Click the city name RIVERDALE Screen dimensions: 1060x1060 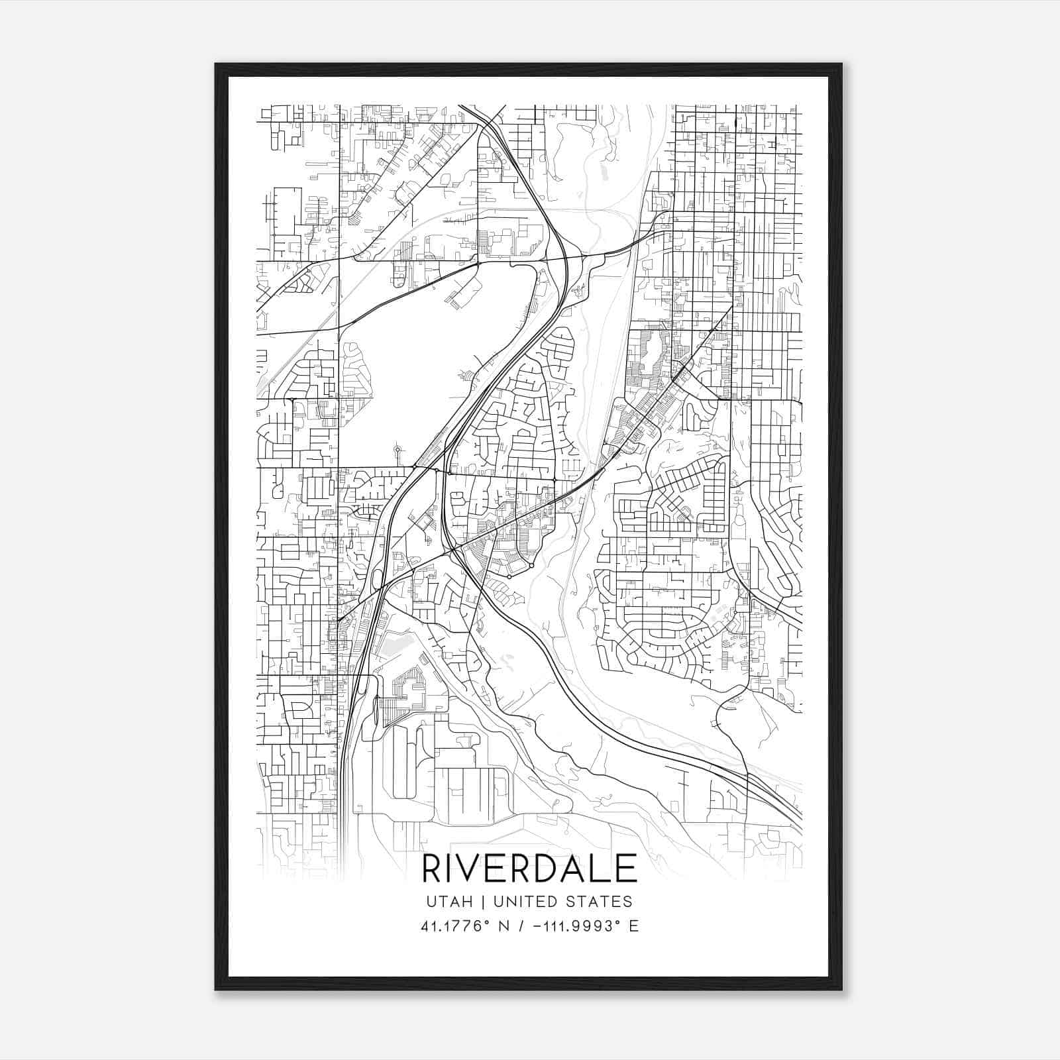pos(529,869)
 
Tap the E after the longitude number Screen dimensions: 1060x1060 pos(634,926)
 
